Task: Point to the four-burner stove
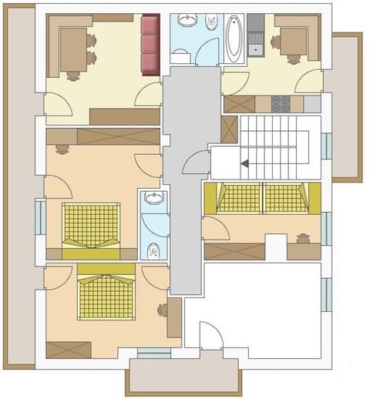click(x=281, y=102)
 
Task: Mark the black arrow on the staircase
click(x=244, y=163)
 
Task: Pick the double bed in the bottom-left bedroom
click(x=106, y=293)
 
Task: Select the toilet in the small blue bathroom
click(x=154, y=249)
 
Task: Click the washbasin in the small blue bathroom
click(x=154, y=199)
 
